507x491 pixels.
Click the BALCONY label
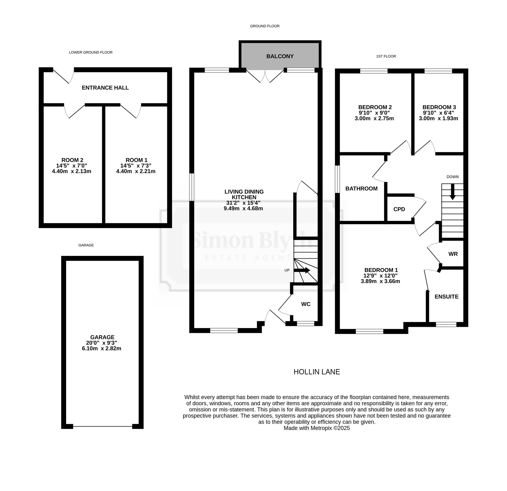280,56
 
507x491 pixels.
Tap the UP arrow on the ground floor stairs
302,270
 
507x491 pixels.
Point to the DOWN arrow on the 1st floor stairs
452,192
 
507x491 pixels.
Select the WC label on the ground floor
306,304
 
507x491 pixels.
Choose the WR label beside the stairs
453,254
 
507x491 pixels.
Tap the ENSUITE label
446,297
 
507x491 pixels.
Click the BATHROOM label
361,188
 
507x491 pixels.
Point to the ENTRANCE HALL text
105,88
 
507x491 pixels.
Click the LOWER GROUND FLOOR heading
91,52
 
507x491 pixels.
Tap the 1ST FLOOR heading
386,56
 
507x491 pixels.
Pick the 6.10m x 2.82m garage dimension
102,348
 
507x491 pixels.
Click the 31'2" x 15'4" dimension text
244,203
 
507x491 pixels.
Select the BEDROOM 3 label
439,107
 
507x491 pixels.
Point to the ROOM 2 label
73,160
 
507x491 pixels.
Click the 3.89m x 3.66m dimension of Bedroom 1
380,281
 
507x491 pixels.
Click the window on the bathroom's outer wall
337,179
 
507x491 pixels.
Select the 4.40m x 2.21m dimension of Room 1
136,171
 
